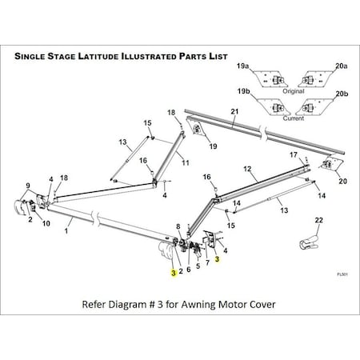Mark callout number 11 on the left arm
(185, 162)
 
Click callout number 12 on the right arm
(248, 169)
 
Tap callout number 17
(294, 155)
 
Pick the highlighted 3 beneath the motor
(172, 273)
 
